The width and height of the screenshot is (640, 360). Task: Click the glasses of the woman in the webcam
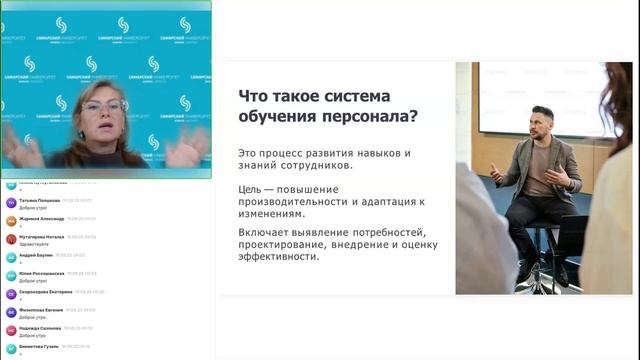click(x=104, y=105)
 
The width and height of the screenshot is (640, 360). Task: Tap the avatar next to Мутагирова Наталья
click(x=11, y=239)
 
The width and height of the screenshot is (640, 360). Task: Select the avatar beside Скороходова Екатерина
click(x=11, y=293)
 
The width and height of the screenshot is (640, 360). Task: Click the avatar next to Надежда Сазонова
click(x=11, y=330)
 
